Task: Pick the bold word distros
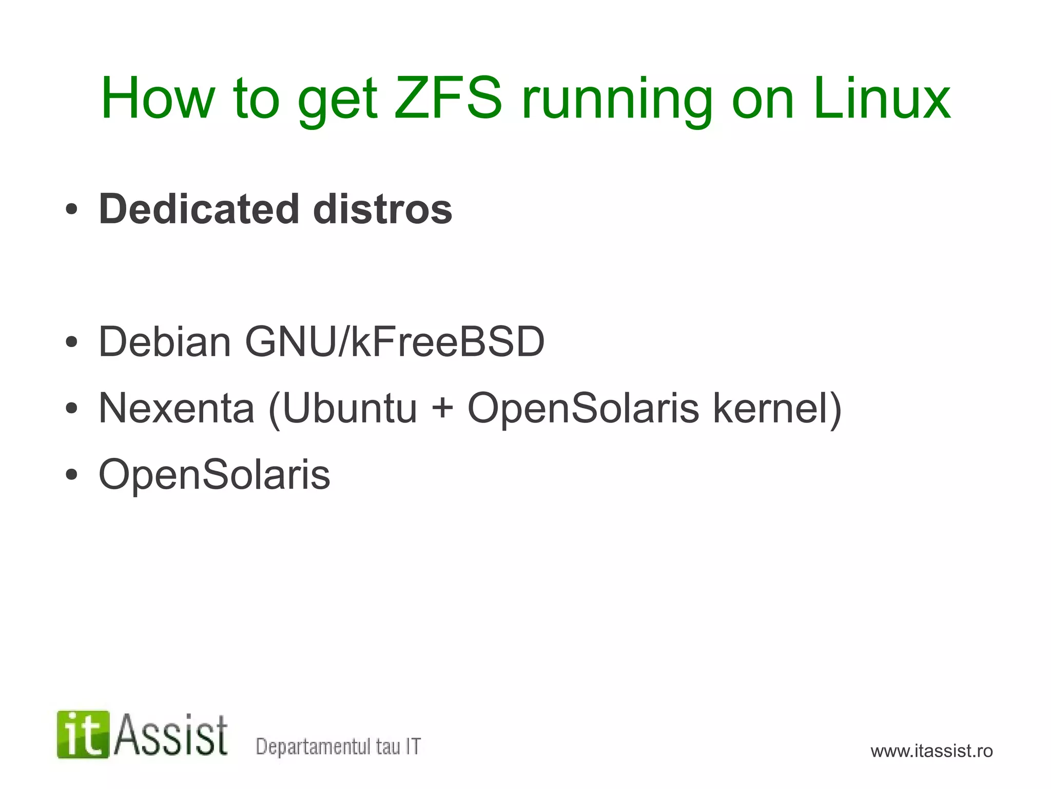(x=382, y=209)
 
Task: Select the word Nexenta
(x=177, y=408)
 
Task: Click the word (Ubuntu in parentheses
(x=342, y=409)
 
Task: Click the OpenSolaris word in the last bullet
(x=215, y=475)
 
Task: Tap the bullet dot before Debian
(x=71, y=342)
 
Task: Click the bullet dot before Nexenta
(x=71, y=409)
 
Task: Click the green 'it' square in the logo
(x=83, y=735)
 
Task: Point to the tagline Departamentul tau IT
(x=338, y=746)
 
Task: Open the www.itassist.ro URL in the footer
(x=931, y=751)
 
